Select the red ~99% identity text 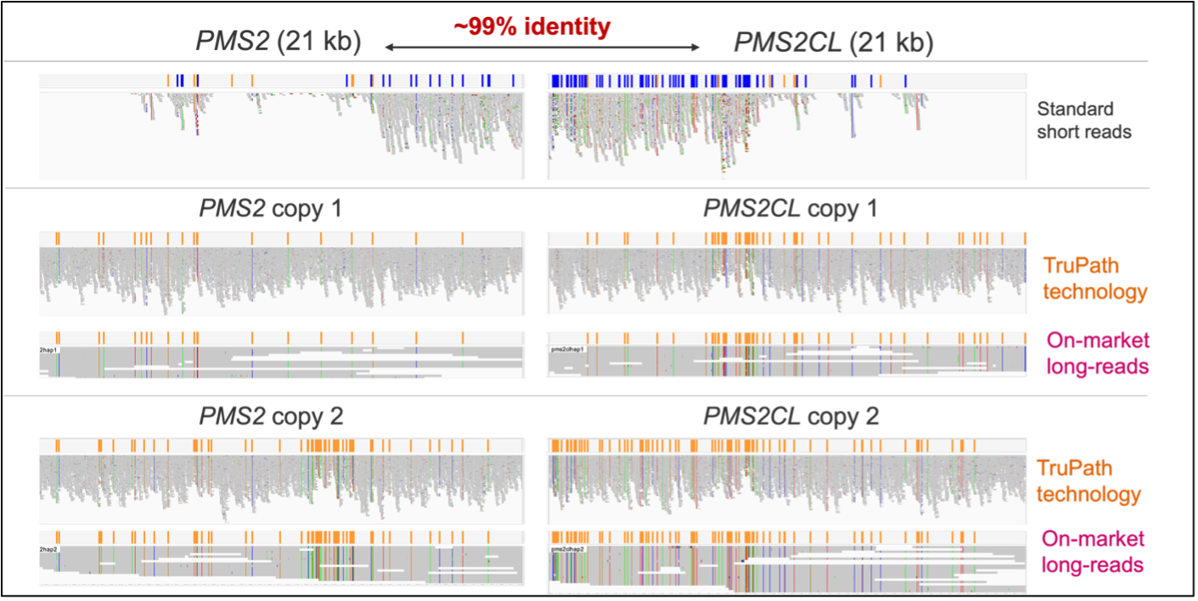(x=532, y=27)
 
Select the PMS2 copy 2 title (x=270, y=416)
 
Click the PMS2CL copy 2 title (x=790, y=417)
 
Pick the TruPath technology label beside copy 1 (x=1094, y=279)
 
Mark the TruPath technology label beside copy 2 (x=1088, y=481)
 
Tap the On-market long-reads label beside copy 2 (x=1091, y=551)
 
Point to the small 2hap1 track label (x=49, y=350)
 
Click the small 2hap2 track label (x=49, y=550)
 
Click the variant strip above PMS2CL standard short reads (x=785, y=81)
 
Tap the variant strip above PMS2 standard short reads (x=280, y=81)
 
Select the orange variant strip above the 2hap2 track (x=280, y=536)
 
